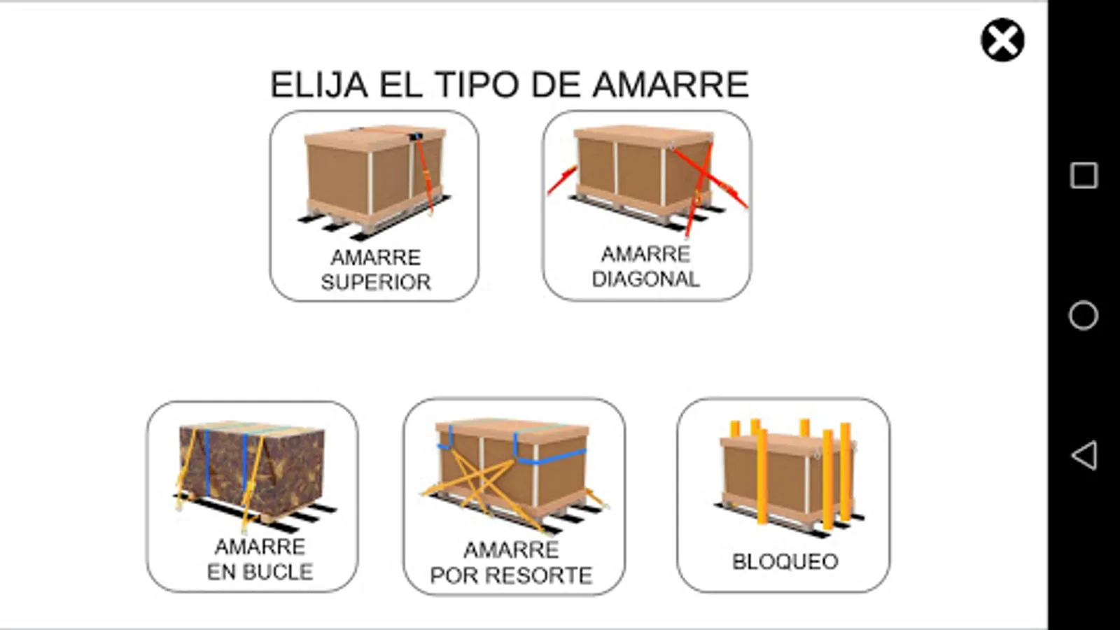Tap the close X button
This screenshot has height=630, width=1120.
tap(1002, 40)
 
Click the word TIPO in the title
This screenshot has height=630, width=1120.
tap(478, 85)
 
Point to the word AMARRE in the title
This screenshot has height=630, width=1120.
tap(671, 85)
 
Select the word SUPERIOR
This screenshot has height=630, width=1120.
tap(375, 283)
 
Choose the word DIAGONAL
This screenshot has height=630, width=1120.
tap(645, 279)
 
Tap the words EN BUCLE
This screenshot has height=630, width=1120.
tap(260, 572)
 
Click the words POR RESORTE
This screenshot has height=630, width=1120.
tap(511, 575)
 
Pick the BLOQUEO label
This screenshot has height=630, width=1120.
tap(785, 561)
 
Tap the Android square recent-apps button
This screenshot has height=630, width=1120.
tap(1084, 176)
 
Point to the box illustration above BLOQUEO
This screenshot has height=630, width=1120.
tap(788, 477)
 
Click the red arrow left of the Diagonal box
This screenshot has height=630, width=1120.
tap(563, 180)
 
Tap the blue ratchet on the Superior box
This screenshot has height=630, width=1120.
tap(416, 136)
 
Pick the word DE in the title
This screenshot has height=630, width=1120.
tap(556, 85)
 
